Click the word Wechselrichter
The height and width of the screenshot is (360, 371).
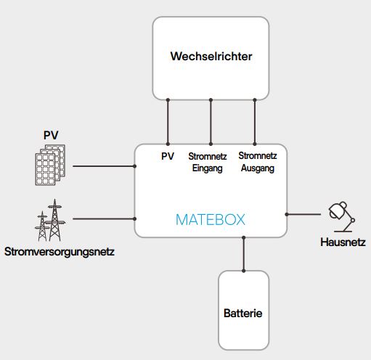click(x=211, y=57)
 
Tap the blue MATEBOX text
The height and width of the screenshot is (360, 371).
click(x=211, y=220)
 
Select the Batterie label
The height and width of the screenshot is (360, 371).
click(x=243, y=314)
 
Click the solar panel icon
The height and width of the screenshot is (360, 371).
click(x=50, y=165)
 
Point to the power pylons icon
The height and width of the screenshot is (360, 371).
click(x=50, y=220)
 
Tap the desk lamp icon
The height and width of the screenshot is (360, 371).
click(x=341, y=217)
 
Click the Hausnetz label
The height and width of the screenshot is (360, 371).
click(x=343, y=242)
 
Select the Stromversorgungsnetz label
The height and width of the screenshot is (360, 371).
click(x=60, y=252)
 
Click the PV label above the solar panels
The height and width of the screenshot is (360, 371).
click(x=51, y=135)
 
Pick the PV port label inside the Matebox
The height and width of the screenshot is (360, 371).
click(x=168, y=156)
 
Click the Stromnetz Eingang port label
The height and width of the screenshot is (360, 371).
click(x=208, y=163)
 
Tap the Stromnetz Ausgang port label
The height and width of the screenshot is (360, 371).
click(x=258, y=162)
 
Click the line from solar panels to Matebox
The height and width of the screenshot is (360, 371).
click(x=104, y=166)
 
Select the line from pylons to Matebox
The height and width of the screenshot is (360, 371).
click(x=104, y=218)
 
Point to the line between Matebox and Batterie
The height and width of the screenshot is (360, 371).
click(x=243, y=254)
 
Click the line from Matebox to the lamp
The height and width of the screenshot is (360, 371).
click(x=303, y=214)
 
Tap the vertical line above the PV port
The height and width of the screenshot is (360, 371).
click(x=168, y=122)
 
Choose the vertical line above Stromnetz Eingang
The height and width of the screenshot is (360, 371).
click(x=211, y=122)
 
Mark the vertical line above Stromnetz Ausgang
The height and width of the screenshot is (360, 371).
click(x=255, y=122)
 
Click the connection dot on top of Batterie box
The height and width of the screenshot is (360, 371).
click(x=243, y=271)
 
